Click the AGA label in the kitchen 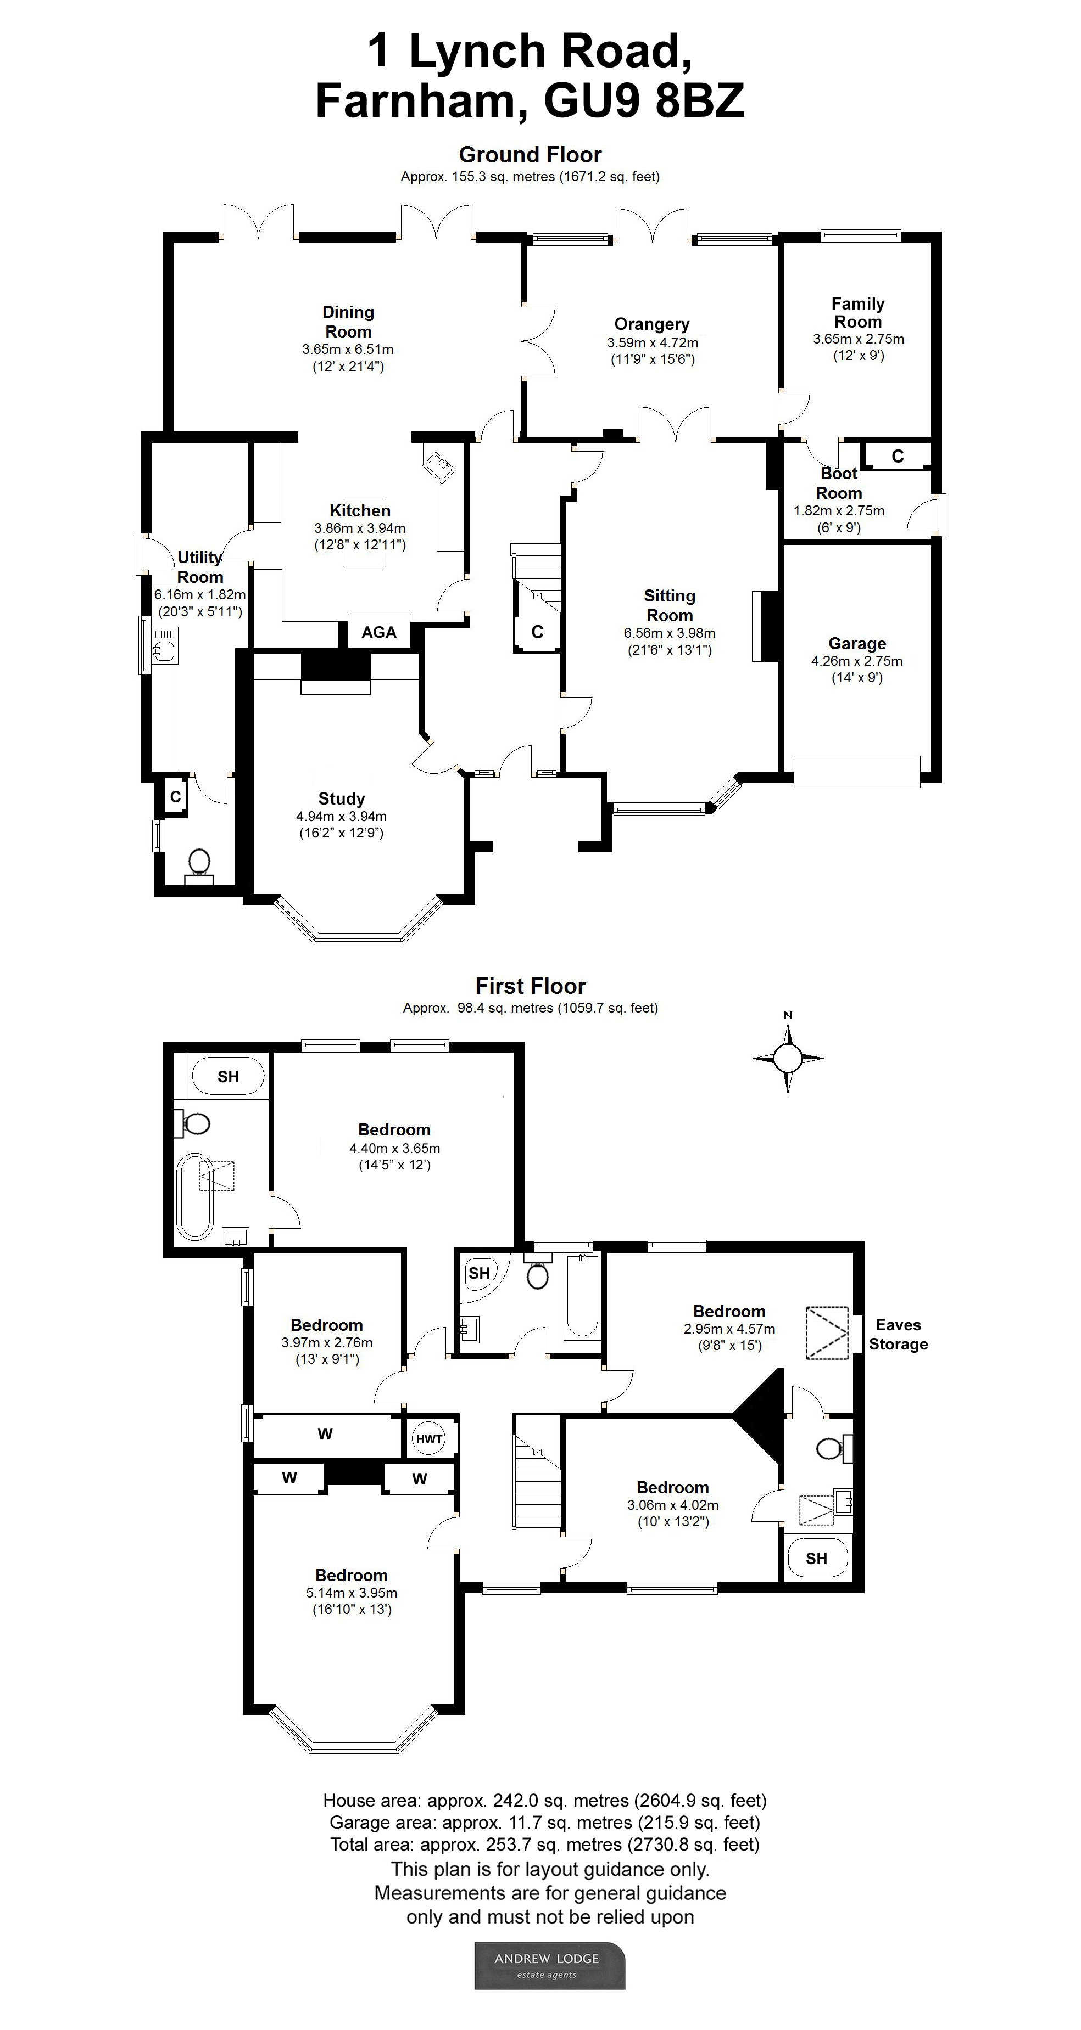coord(378,632)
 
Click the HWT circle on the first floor coord(429,1439)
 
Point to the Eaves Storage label coord(898,1334)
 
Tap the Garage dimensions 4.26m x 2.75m coord(856,661)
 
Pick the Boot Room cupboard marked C coord(898,456)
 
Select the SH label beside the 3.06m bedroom coord(817,1558)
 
